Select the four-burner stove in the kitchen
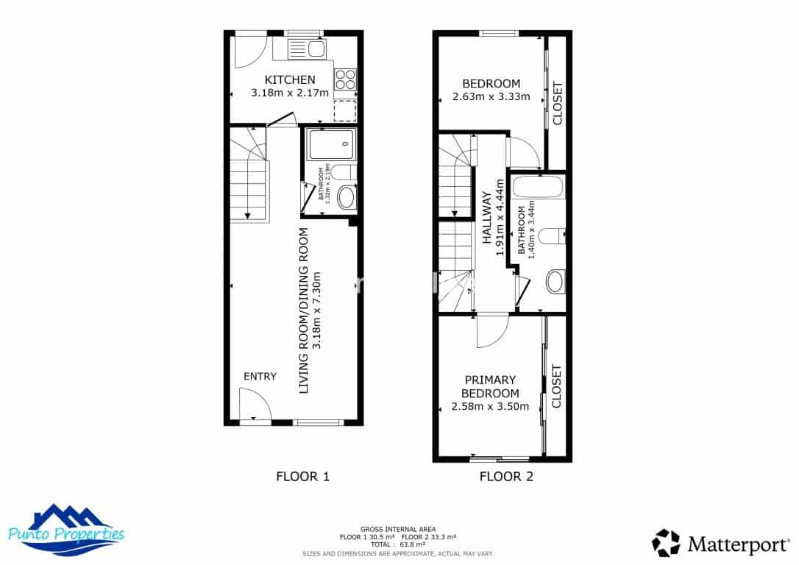point(345,79)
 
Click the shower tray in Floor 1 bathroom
point(330,145)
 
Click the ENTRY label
point(260,376)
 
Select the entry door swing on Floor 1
point(252,405)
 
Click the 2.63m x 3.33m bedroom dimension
point(491,96)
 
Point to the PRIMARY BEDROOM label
point(490,386)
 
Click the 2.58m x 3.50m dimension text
point(490,407)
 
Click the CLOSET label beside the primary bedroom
point(556,386)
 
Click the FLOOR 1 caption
point(302,476)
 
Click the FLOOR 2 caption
point(506,476)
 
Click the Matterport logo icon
point(666,543)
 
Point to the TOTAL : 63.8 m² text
point(397,544)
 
